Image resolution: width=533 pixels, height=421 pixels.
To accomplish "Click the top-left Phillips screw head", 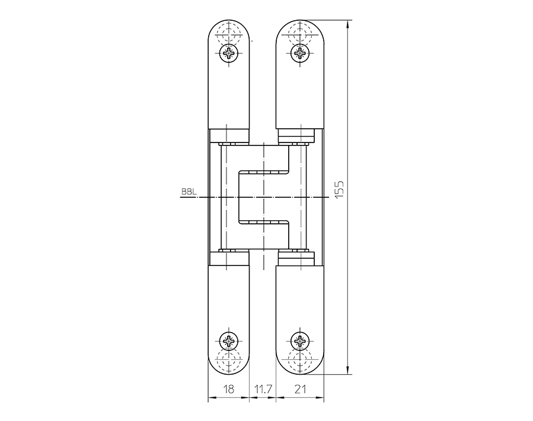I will point(229,54).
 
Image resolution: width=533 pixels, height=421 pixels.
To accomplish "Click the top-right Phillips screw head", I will point(301,54).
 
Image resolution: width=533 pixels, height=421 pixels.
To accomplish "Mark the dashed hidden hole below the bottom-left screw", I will point(229,361).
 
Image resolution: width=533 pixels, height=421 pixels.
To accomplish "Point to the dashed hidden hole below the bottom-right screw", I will point(301,361).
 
